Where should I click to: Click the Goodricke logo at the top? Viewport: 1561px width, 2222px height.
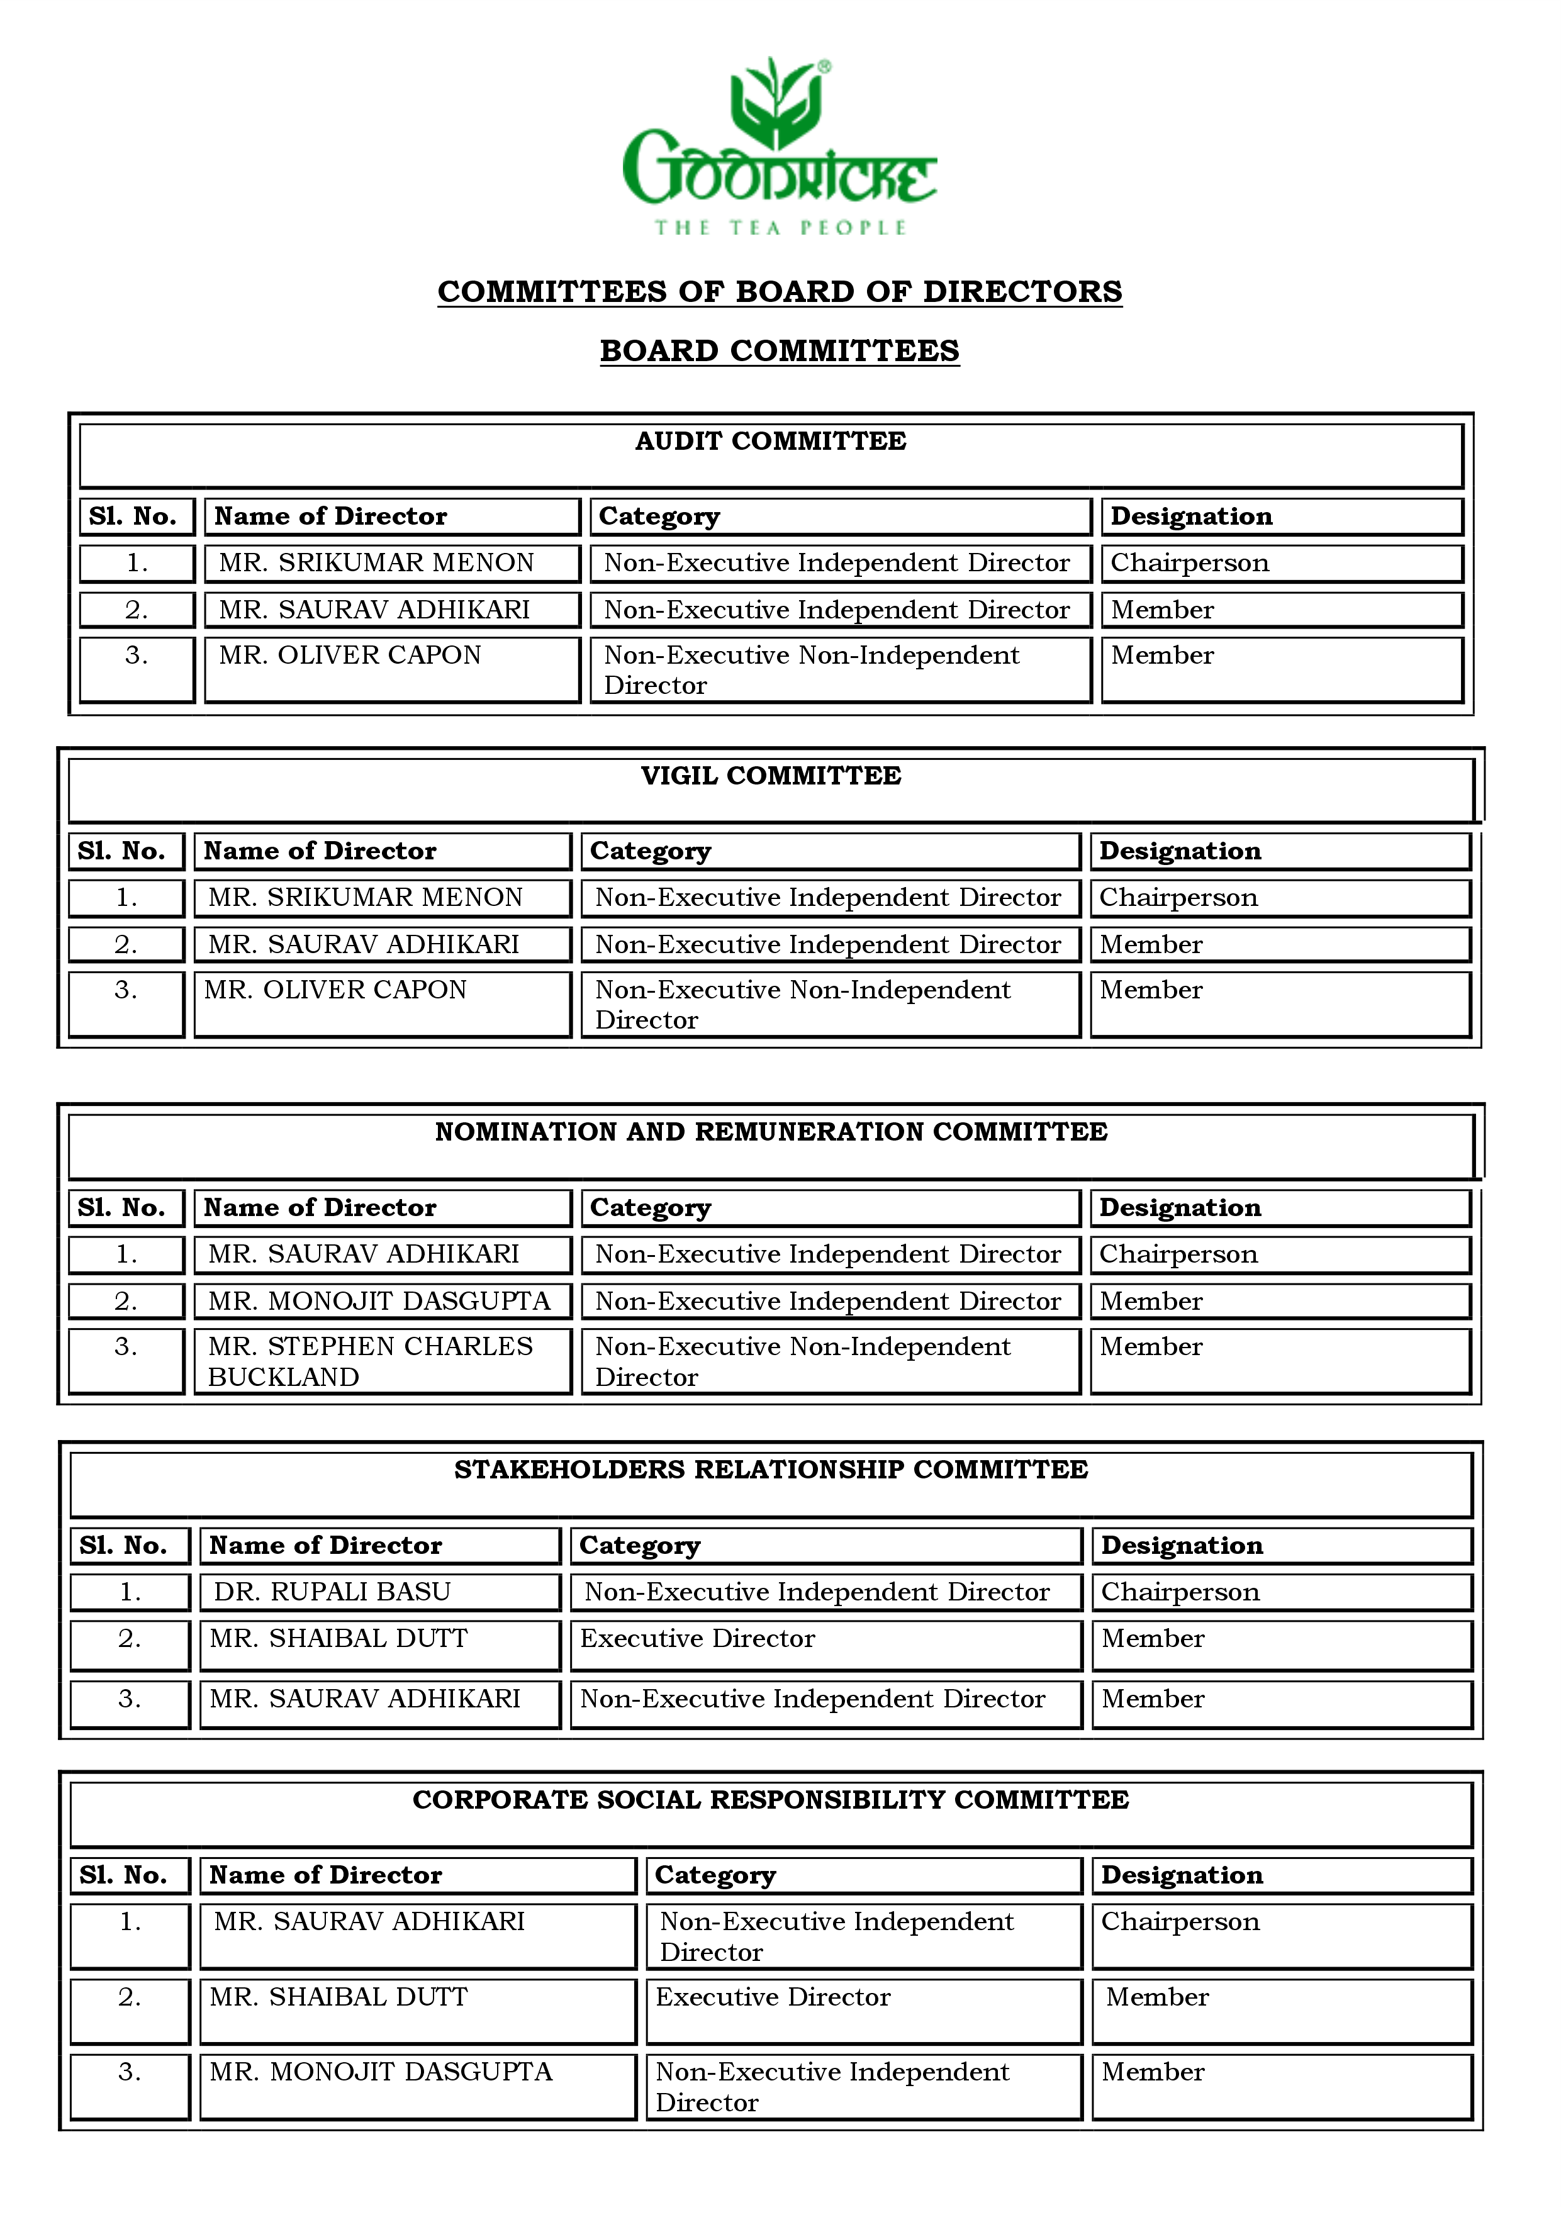pyautogui.click(x=779, y=135)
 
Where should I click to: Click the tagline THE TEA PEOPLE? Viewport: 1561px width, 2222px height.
pyautogui.click(x=779, y=228)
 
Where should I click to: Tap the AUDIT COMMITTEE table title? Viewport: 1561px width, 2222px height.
pyautogui.click(x=770, y=441)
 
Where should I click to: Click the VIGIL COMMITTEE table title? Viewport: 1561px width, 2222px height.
pyautogui.click(x=770, y=776)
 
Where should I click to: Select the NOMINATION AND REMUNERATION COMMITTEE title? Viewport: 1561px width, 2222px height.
pyautogui.click(x=770, y=1132)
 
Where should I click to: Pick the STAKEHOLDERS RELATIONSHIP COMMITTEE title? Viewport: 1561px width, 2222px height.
pyautogui.click(x=770, y=1470)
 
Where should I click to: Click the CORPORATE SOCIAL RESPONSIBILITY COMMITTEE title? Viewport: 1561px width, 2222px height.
pyautogui.click(x=770, y=1800)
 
